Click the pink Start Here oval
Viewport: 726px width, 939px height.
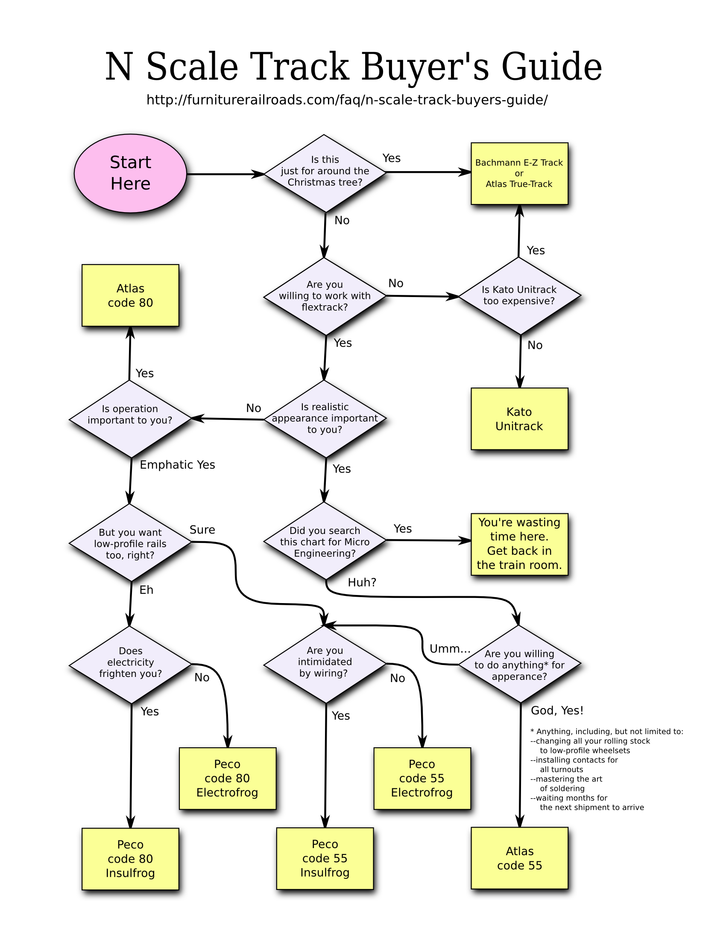pyautogui.click(x=130, y=173)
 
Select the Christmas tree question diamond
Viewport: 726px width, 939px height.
pyautogui.click(x=325, y=172)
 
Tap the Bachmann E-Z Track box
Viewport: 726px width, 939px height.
pyautogui.click(x=519, y=174)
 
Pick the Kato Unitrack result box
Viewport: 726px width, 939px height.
pyautogui.click(x=519, y=419)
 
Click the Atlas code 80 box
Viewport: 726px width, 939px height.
pyautogui.click(x=130, y=296)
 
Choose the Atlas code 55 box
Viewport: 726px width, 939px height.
pyautogui.click(x=520, y=858)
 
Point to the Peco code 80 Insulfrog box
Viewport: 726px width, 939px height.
pyautogui.click(x=130, y=859)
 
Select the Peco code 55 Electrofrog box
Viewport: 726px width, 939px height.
pyautogui.click(x=422, y=778)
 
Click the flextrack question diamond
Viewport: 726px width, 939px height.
pyautogui.click(x=325, y=296)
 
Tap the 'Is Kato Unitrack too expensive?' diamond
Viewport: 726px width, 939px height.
pyautogui.click(x=519, y=296)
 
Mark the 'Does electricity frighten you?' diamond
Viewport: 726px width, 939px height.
pyautogui.click(x=130, y=662)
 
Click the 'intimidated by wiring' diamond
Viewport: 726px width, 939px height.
pyautogui.click(x=325, y=662)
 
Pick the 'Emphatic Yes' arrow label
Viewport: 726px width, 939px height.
pyautogui.click(x=178, y=465)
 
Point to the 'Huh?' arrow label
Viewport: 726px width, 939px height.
pyautogui.click(x=362, y=583)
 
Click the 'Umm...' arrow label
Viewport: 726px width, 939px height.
pyautogui.click(x=449, y=649)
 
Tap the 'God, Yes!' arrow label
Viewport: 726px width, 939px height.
pyautogui.click(x=557, y=711)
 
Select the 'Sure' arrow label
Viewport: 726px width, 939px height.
pyautogui.click(x=202, y=530)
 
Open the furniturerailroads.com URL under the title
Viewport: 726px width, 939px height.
pyautogui.click(x=347, y=100)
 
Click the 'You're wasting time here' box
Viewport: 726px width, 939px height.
pyautogui.click(x=519, y=543)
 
